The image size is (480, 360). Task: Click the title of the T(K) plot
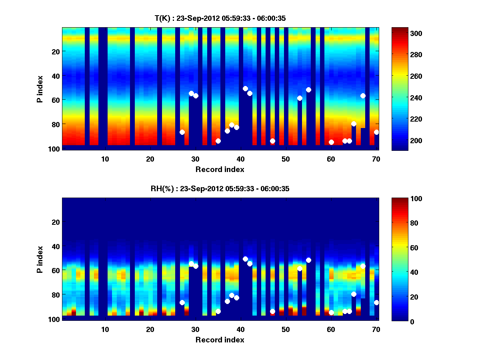click(x=220, y=18)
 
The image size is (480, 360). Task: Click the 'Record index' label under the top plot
click(x=220, y=169)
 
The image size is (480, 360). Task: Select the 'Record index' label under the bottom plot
click(x=220, y=340)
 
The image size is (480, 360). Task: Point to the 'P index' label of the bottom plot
click(x=40, y=259)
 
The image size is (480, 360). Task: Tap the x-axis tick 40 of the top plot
click(x=240, y=159)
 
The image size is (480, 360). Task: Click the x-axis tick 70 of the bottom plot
click(x=376, y=329)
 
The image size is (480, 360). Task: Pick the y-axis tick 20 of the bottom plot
click(x=55, y=222)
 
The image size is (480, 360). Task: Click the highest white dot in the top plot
click(x=245, y=88)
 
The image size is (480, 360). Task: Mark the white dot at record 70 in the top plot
click(x=376, y=132)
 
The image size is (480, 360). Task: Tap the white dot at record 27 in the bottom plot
click(x=182, y=302)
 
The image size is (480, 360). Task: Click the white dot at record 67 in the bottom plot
click(x=363, y=266)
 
